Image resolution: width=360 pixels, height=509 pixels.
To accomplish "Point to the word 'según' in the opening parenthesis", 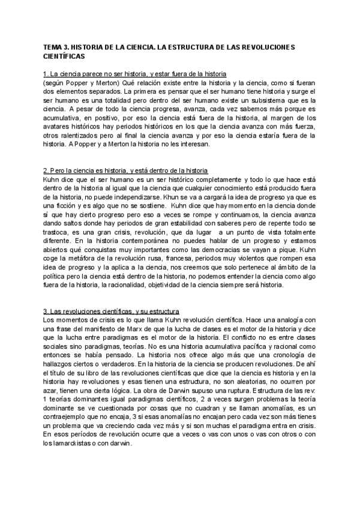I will point(56,82).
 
